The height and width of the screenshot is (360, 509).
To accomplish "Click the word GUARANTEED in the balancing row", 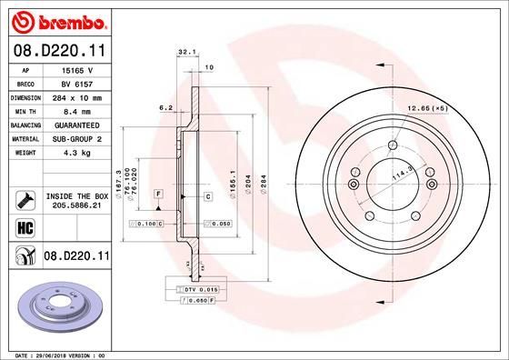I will pyautogui.click(x=77, y=125).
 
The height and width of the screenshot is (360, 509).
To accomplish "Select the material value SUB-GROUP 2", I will pyautogui.click(x=77, y=139).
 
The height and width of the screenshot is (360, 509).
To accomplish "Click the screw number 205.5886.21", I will pyautogui.click(x=76, y=205).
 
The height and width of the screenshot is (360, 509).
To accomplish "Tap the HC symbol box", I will pyautogui.click(x=25, y=228).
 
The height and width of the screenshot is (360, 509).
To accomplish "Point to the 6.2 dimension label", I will pyautogui.click(x=165, y=107).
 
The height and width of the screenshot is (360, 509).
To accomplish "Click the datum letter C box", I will pyautogui.click(x=207, y=195).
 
